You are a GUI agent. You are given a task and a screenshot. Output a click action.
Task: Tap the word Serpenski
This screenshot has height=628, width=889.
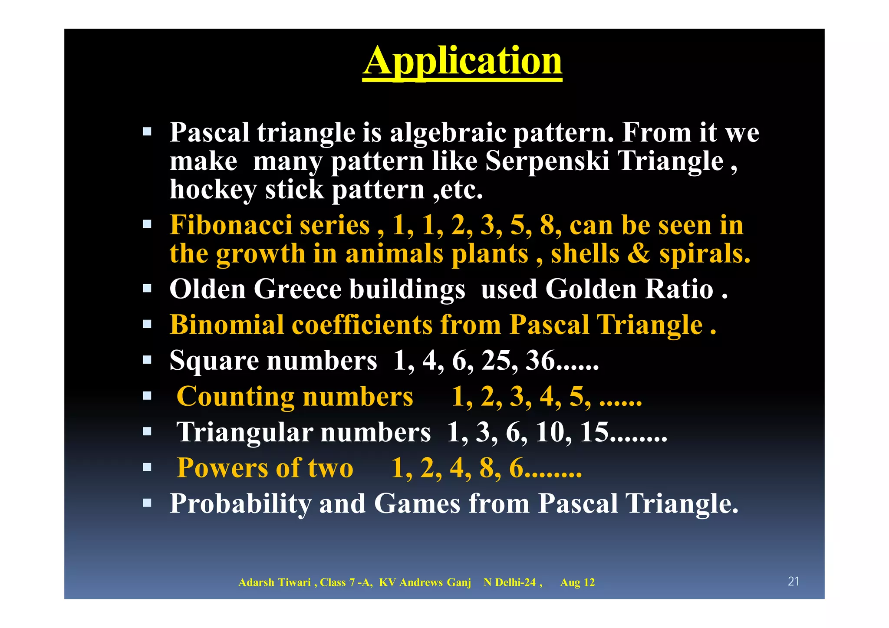coord(547,161)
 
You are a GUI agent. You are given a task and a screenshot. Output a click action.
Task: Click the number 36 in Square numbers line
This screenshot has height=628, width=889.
coord(540,360)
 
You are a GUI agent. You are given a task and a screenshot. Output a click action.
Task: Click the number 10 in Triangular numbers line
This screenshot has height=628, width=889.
coord(550,432)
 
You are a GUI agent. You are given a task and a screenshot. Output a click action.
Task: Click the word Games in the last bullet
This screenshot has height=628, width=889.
coord(417,503)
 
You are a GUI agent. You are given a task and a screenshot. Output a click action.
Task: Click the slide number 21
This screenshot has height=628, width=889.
coord(794,582)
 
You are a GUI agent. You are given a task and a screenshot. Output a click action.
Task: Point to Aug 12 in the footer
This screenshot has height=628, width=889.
coord(577,582)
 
